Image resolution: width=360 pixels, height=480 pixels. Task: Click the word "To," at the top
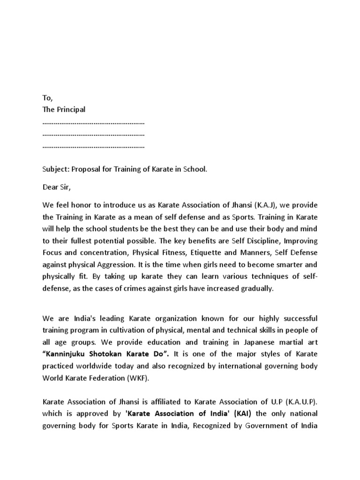[48, 97]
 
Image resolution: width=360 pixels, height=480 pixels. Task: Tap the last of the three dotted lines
[93, 147]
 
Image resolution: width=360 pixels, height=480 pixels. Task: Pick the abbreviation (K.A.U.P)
[300, 402]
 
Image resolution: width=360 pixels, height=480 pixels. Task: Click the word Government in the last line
[277, 426]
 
